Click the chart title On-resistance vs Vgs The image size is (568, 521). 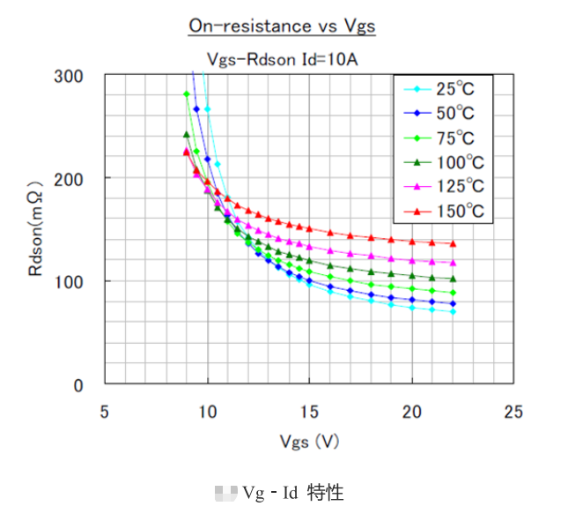coord(282,26)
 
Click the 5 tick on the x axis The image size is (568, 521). coord(105,411)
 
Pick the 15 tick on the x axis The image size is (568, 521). coord(309,411)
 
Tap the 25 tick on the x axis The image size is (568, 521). coord(513,411)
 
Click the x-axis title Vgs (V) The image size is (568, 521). coord(309,442)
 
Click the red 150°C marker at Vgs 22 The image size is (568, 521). coord(453,243)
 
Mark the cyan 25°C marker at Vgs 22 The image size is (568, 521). coord(453,312)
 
